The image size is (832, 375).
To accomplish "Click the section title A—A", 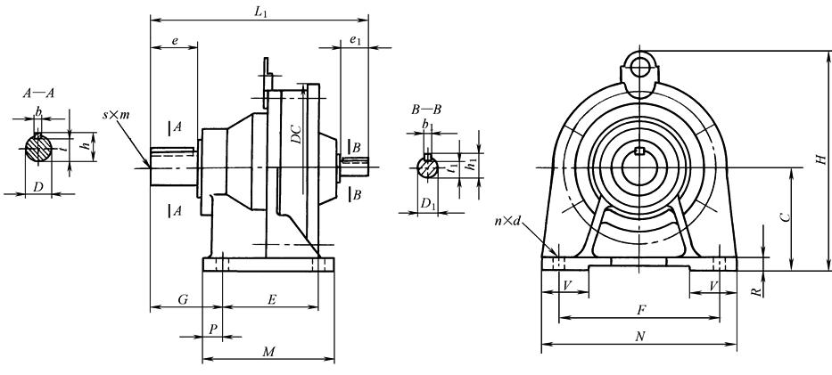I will coord(39,92).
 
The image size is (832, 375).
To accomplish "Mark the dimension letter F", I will coord(640,309).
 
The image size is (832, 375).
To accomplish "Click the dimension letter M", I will coord(268,353).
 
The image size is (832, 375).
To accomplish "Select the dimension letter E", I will coord(269,299).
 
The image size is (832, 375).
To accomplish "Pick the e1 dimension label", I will coord(354,40).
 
